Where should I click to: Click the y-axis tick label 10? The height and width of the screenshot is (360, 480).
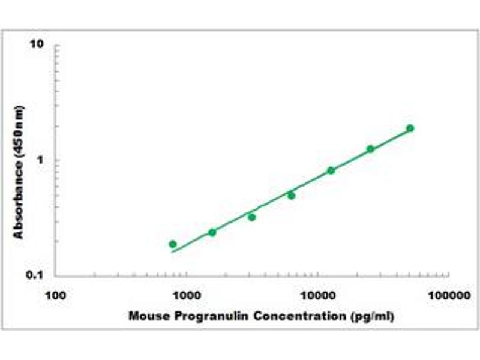click(39, 45)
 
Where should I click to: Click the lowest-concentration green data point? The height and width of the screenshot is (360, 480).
click(173, 244)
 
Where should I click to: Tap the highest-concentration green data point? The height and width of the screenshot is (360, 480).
click(410, 128)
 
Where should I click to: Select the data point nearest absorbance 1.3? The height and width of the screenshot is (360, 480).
click(370, 149)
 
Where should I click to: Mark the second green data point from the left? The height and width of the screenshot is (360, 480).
click(212, 232)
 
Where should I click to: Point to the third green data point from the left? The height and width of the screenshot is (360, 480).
click(252, 217)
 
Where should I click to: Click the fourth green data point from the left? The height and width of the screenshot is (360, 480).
click(291, 196)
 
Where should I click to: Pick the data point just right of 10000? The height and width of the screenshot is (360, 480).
click(331, 170)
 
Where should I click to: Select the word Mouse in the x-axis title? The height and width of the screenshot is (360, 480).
click(145, 316)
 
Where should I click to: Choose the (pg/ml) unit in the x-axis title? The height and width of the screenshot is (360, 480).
click(372, 316)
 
